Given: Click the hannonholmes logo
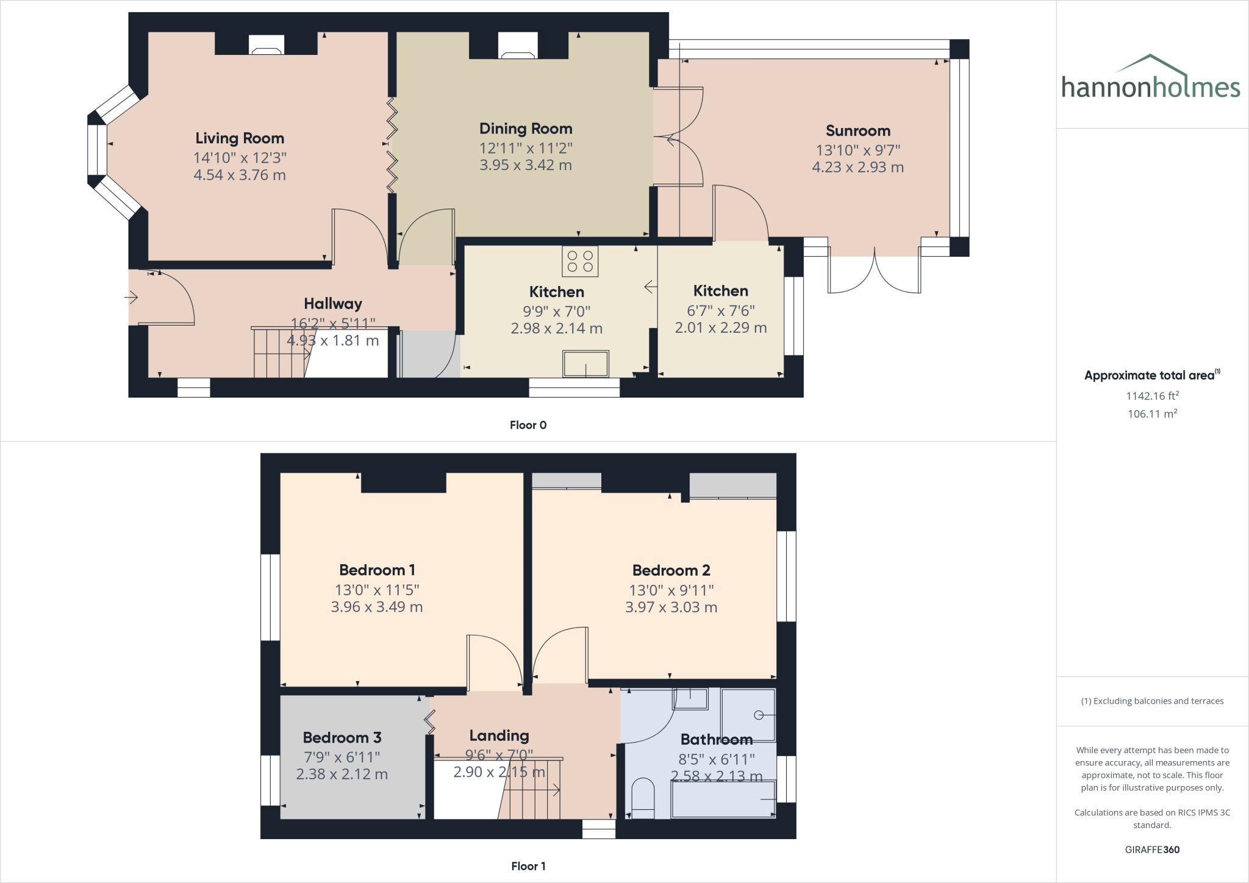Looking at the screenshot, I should click(1150, 79).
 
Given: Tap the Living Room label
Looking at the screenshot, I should click(240, 138).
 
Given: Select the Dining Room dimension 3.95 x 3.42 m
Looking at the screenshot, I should click(525, 165).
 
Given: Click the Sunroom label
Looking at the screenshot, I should click(857, 131).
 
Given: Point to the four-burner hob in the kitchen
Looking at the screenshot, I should click(580, 262).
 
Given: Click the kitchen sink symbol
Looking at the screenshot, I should click(585, 364).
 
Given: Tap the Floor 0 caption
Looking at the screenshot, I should click(528, 425).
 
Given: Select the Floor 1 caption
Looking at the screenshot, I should click(528, 866).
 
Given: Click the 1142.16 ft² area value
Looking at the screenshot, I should click(1152, 396).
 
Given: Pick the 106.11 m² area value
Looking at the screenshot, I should click(1152, 414).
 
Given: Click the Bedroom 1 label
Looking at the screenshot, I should click(377, 570).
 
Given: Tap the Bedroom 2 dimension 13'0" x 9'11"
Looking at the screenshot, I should click(671, 590).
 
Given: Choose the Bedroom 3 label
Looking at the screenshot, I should click(342, 738).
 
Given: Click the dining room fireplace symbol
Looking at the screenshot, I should click(517, 46).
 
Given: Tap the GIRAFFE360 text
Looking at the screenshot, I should click(1152, 849).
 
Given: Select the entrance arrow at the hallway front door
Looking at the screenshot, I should click(131, 298).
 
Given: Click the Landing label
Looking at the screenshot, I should click(499, 736).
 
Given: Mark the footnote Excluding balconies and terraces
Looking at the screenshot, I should click(1152, 701).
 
